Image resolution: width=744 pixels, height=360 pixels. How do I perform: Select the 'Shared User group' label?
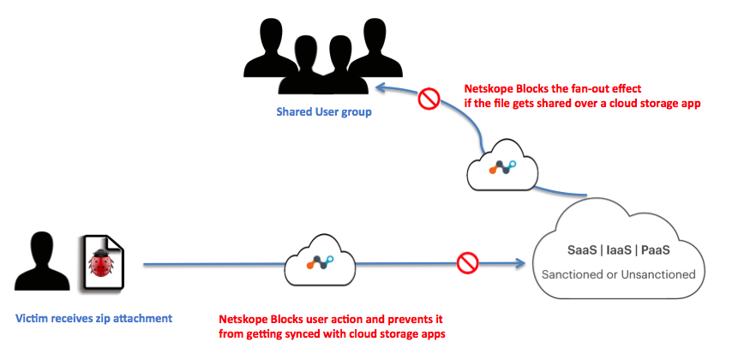click(324, 112)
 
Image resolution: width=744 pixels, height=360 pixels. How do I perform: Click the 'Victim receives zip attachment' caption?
click(94, 318)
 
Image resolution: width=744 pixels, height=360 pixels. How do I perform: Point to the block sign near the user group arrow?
click(429, 99)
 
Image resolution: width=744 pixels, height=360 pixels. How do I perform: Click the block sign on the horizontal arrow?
click(467, 263)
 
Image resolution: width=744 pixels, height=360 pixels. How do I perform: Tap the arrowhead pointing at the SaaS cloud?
click(520, 263)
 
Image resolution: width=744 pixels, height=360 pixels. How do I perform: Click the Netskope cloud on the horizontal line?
click(321, 261)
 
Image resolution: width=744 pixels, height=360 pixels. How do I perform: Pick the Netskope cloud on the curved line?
click(503, 164)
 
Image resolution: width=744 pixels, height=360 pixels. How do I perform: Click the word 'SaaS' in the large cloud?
click(582, 250)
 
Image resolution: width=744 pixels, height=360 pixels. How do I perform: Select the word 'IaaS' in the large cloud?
click(619, 250)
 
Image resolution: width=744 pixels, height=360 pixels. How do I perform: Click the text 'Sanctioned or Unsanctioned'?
click(619, 274)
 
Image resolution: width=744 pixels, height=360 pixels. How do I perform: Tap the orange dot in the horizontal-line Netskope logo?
click(309, 266)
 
